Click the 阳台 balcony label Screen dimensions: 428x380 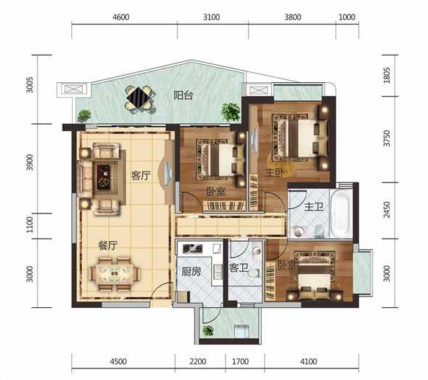[184, 95]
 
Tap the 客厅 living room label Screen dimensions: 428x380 [141, 176]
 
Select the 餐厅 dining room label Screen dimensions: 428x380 [108, 246]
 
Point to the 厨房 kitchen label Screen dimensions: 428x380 [192, 271]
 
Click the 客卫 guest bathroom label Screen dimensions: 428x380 [238, 268]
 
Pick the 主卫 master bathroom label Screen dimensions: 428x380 [314, 206]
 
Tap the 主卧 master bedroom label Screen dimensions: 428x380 [275, 172]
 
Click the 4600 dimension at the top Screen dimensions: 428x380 [120, 17]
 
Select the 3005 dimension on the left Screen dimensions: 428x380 [30, 85]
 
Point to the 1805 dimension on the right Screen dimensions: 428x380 [387, 75]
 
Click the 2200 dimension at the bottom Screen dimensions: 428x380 [197, 362]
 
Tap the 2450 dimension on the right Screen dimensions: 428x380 [387, 210]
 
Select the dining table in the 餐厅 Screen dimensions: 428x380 [115, 274]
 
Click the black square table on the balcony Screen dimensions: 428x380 [140, 97]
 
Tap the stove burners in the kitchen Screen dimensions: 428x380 [192, 249]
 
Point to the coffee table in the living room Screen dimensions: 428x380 [104, 177]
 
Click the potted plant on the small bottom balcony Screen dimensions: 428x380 [208, 331]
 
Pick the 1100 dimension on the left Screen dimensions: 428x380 [30, 225]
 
